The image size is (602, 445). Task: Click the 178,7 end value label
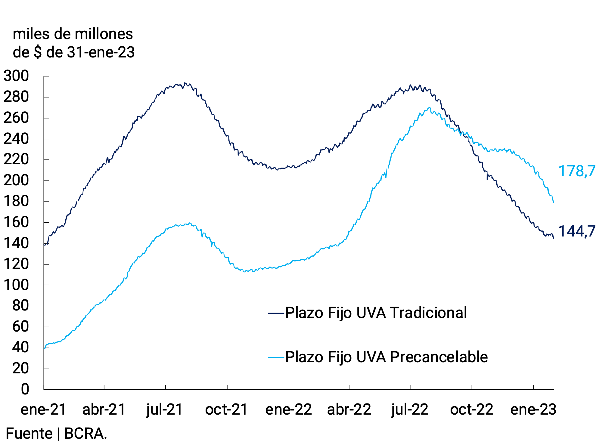coord(576,171)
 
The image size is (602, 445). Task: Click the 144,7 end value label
coord(576,231)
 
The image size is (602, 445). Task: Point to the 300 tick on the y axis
coord(16,76)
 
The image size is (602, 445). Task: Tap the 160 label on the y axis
coord(16,222)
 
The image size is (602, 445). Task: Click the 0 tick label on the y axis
coord(25,389)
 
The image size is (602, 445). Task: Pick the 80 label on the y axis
coord(20,306)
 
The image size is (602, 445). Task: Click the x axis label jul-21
coord(165,409)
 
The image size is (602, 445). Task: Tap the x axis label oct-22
coord(471,409)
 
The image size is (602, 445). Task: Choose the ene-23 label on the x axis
coord(533,409)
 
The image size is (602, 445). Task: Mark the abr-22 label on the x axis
coord(349,409)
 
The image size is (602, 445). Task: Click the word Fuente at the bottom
coord(29,434)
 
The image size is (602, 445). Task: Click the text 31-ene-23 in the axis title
coord(101,52)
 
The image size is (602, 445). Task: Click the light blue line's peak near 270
coord(429,107)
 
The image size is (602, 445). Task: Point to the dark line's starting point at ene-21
coord(44,245)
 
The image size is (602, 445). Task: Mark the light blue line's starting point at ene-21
coord(44,348)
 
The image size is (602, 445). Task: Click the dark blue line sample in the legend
coord(276,313)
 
